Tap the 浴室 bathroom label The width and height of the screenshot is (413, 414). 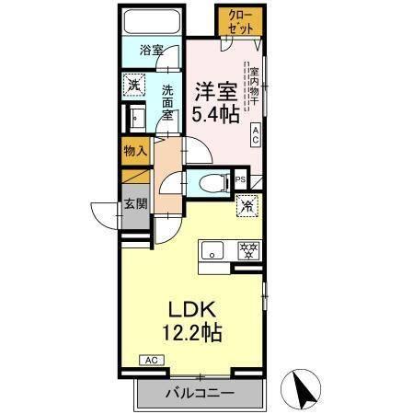point(152,52)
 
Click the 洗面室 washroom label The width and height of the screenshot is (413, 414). point(169,98)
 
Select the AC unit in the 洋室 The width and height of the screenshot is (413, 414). point(257,135)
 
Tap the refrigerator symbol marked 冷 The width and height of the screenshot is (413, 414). point(247,207)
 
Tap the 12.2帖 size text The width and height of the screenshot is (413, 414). point(192,331)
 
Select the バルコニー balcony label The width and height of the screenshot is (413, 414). point(200,394)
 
